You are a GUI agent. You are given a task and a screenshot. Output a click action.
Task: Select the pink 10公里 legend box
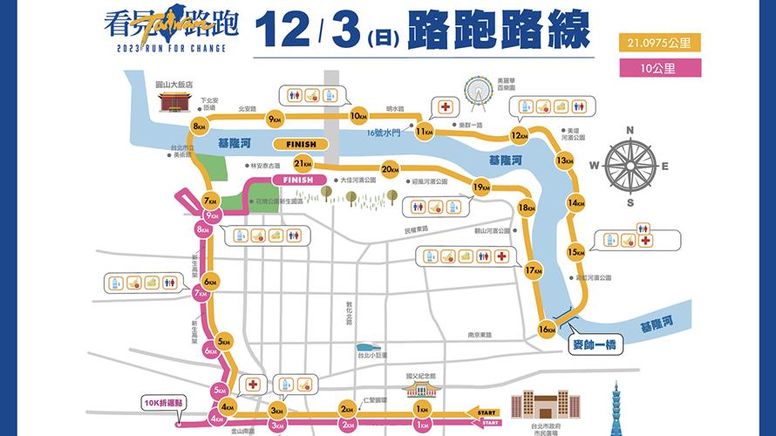point(658,66)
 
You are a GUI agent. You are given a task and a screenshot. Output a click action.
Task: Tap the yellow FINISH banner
point(300,144)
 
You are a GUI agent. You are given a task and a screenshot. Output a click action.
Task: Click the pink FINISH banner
point(292,180)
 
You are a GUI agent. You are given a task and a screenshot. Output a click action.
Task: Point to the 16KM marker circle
point(547,330)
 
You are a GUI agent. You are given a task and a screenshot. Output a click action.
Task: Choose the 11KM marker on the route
point(425,133)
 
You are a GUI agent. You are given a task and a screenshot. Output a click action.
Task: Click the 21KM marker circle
point(303,163)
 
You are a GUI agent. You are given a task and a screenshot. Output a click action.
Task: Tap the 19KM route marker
point(480,187)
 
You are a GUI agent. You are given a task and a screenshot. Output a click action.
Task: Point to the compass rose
point(633,166)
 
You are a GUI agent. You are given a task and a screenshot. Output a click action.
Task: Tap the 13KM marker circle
point(564,160)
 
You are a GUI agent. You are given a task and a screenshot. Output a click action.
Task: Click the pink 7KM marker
point(201,294)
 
